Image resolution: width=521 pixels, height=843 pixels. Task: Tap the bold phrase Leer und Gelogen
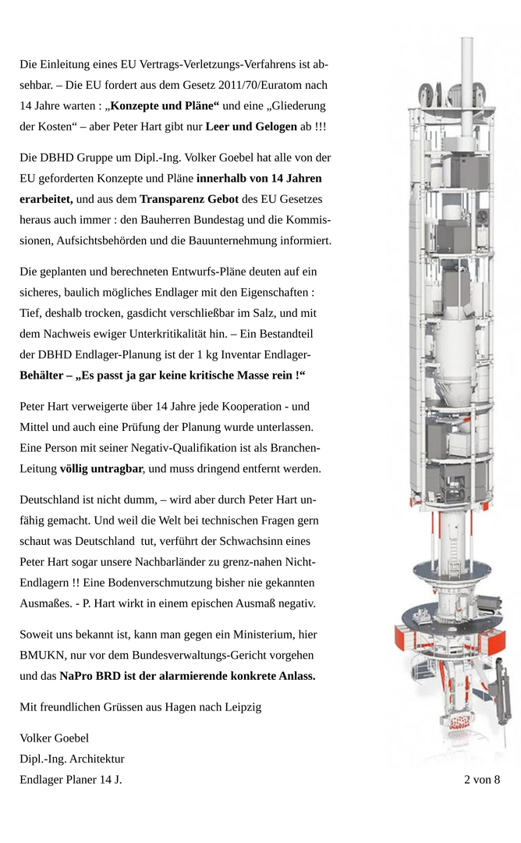(251, 126)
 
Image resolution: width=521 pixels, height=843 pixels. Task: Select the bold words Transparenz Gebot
(190, 199)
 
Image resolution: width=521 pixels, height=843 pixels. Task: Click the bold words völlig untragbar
(101, 469)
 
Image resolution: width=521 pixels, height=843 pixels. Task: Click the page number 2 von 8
(482, 779)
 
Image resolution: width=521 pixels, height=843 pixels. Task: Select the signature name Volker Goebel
(54, 738)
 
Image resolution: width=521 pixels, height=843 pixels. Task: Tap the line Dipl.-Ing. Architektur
(72, 759)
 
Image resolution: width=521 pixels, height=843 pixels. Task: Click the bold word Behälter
(41, 375)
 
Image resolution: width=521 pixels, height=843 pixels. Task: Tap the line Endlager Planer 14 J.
(70, 780)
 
